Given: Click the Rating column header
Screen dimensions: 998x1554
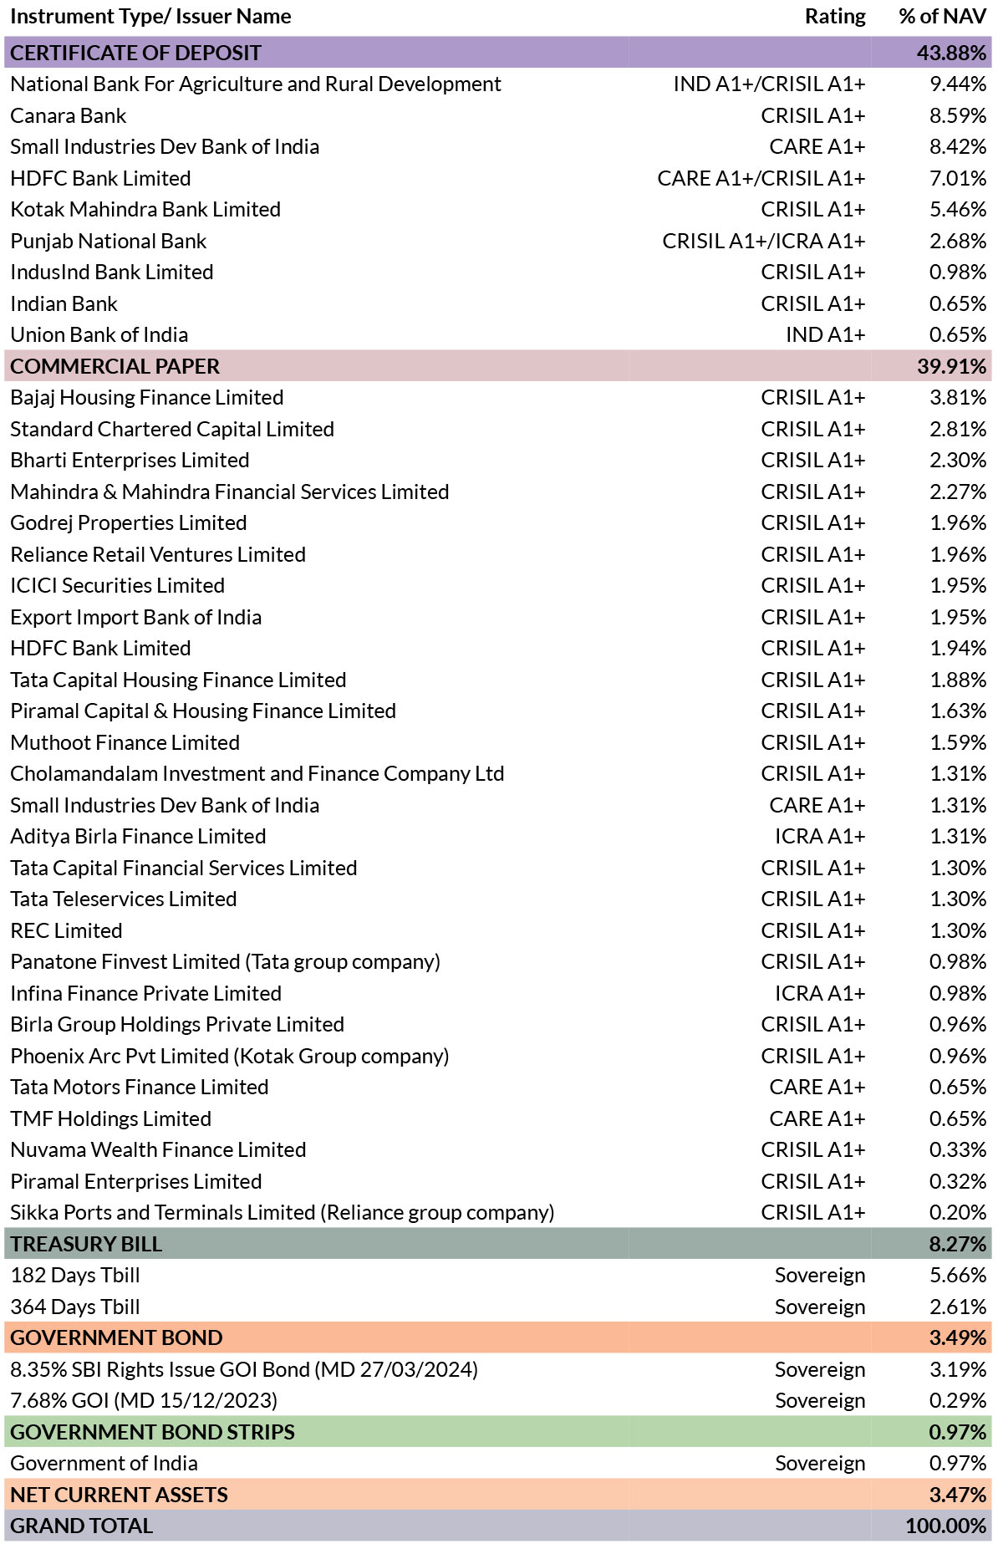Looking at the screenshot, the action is click(x=835, y=17).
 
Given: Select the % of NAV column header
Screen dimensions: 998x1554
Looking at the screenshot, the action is click(x=943, y=17).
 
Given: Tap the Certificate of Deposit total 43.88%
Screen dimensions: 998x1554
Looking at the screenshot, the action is click(x=952, y=53).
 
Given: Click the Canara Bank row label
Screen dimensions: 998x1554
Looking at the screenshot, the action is click(x=69, y=115).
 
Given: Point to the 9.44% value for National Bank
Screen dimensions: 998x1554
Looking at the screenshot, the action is click(x=958, y=84).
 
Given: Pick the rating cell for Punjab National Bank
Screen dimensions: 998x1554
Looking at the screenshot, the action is click(x=764, y=241).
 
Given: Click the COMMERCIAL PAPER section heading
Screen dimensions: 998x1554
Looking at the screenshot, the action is click(x=115, y=366).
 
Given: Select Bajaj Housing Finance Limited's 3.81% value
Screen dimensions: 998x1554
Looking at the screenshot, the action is click(x=958, y=397).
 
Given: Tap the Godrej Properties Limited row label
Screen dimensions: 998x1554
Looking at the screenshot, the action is click(x=129, y=523).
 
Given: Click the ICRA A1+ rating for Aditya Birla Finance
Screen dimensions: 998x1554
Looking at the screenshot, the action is click(x=820, y=836).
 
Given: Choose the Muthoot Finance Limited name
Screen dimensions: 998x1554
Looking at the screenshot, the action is click(x=125, y=742).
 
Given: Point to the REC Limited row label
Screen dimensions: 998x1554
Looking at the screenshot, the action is click(x=67, y=930).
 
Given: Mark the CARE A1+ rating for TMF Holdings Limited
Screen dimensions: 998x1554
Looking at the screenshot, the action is click(x=817, y=1118).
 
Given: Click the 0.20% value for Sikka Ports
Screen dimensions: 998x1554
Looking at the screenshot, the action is click(x=958, y=1212).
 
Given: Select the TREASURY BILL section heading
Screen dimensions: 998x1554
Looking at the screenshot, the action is click(x=87, y=1244).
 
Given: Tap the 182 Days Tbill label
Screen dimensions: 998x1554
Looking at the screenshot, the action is click(x=75, y=1276).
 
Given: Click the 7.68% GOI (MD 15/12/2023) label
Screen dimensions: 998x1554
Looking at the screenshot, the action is click(x=144, y=1400).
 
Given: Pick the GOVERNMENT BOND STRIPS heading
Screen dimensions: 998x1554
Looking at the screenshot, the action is click(x=153, y=1432).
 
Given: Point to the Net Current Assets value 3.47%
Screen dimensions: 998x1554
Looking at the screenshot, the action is click(x=958, y=1495).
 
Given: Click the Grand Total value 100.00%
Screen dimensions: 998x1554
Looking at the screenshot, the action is click(x=946, y=1526).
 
